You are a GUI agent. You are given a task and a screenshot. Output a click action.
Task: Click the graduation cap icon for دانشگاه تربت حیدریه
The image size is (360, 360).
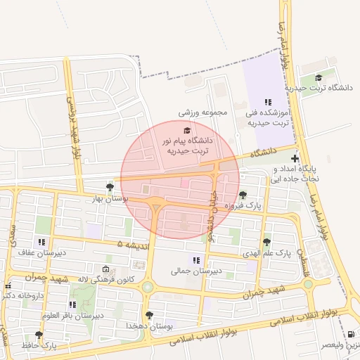click(319, 78)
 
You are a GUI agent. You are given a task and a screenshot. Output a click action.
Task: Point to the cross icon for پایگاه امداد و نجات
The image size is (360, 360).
click(295, 160)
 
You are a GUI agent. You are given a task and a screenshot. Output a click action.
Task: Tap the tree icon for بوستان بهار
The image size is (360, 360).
click(110, 187)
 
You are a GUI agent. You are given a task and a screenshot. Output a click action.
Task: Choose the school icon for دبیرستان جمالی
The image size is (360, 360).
click(196, 260)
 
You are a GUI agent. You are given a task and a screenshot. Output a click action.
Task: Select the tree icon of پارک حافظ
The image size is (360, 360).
click(38, 335)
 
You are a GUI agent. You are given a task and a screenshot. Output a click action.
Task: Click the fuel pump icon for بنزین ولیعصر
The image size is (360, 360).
click(351, 335)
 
